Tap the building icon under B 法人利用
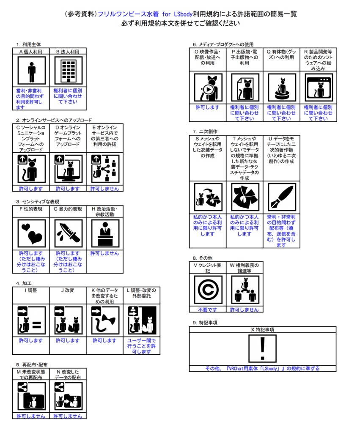click(x=68, y=71)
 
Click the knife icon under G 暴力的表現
click(x=68, y=234)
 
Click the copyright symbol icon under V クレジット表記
click(x=207, y=290)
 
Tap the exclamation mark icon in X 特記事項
click(x=262, y=348)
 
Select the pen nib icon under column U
click(x=281, y=197)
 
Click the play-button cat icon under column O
click(x=208, y=88)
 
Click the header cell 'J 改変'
click(x=68, y=290)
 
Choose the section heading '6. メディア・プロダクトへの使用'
click(x=223, y=44)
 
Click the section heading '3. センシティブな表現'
click(x=38, y=202)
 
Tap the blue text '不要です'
click(x=207, y=310)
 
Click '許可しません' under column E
click(x=105, y=189)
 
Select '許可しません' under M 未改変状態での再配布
click(x=31, y=416)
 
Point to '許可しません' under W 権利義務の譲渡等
click(x=244, y=310)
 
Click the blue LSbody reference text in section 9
click(x=262, y=368)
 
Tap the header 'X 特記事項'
click(x=262, y=329)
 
